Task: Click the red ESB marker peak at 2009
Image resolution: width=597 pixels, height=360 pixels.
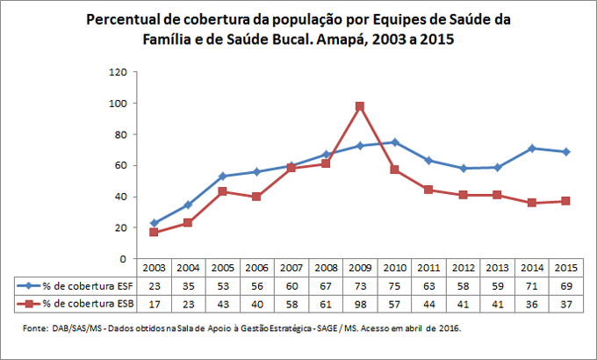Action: point(359,106)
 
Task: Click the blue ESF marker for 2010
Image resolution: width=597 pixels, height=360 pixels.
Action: point(396,142)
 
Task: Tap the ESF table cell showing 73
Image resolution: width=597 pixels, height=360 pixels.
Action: point(359,284)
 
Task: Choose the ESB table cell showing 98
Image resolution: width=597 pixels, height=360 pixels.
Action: point(359,303)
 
